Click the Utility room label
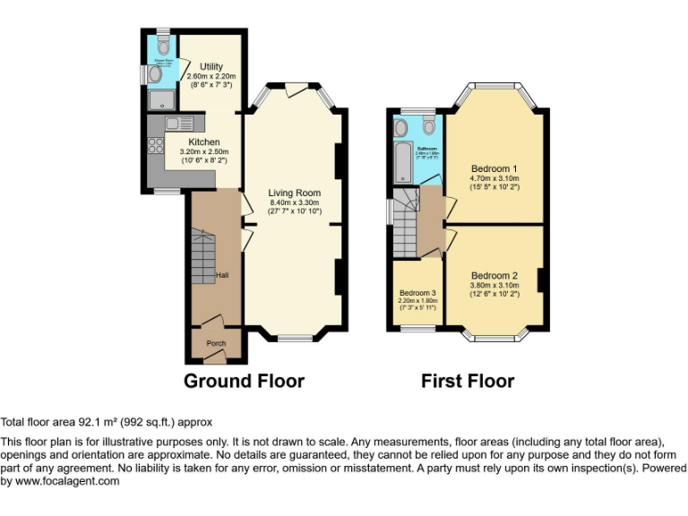coord(211,66)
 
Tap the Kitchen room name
coord(203,142)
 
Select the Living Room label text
coord(294,193)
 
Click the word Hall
coord(221,275)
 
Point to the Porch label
coord(216,343)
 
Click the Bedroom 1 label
coord(494,168)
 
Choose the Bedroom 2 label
coord(494,275)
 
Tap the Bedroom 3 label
coord(418,293)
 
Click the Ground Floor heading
coord(244,381)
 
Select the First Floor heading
coord(468,381)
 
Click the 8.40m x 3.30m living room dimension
coord(294,203)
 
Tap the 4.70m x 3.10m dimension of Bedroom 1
coord(494,178)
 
